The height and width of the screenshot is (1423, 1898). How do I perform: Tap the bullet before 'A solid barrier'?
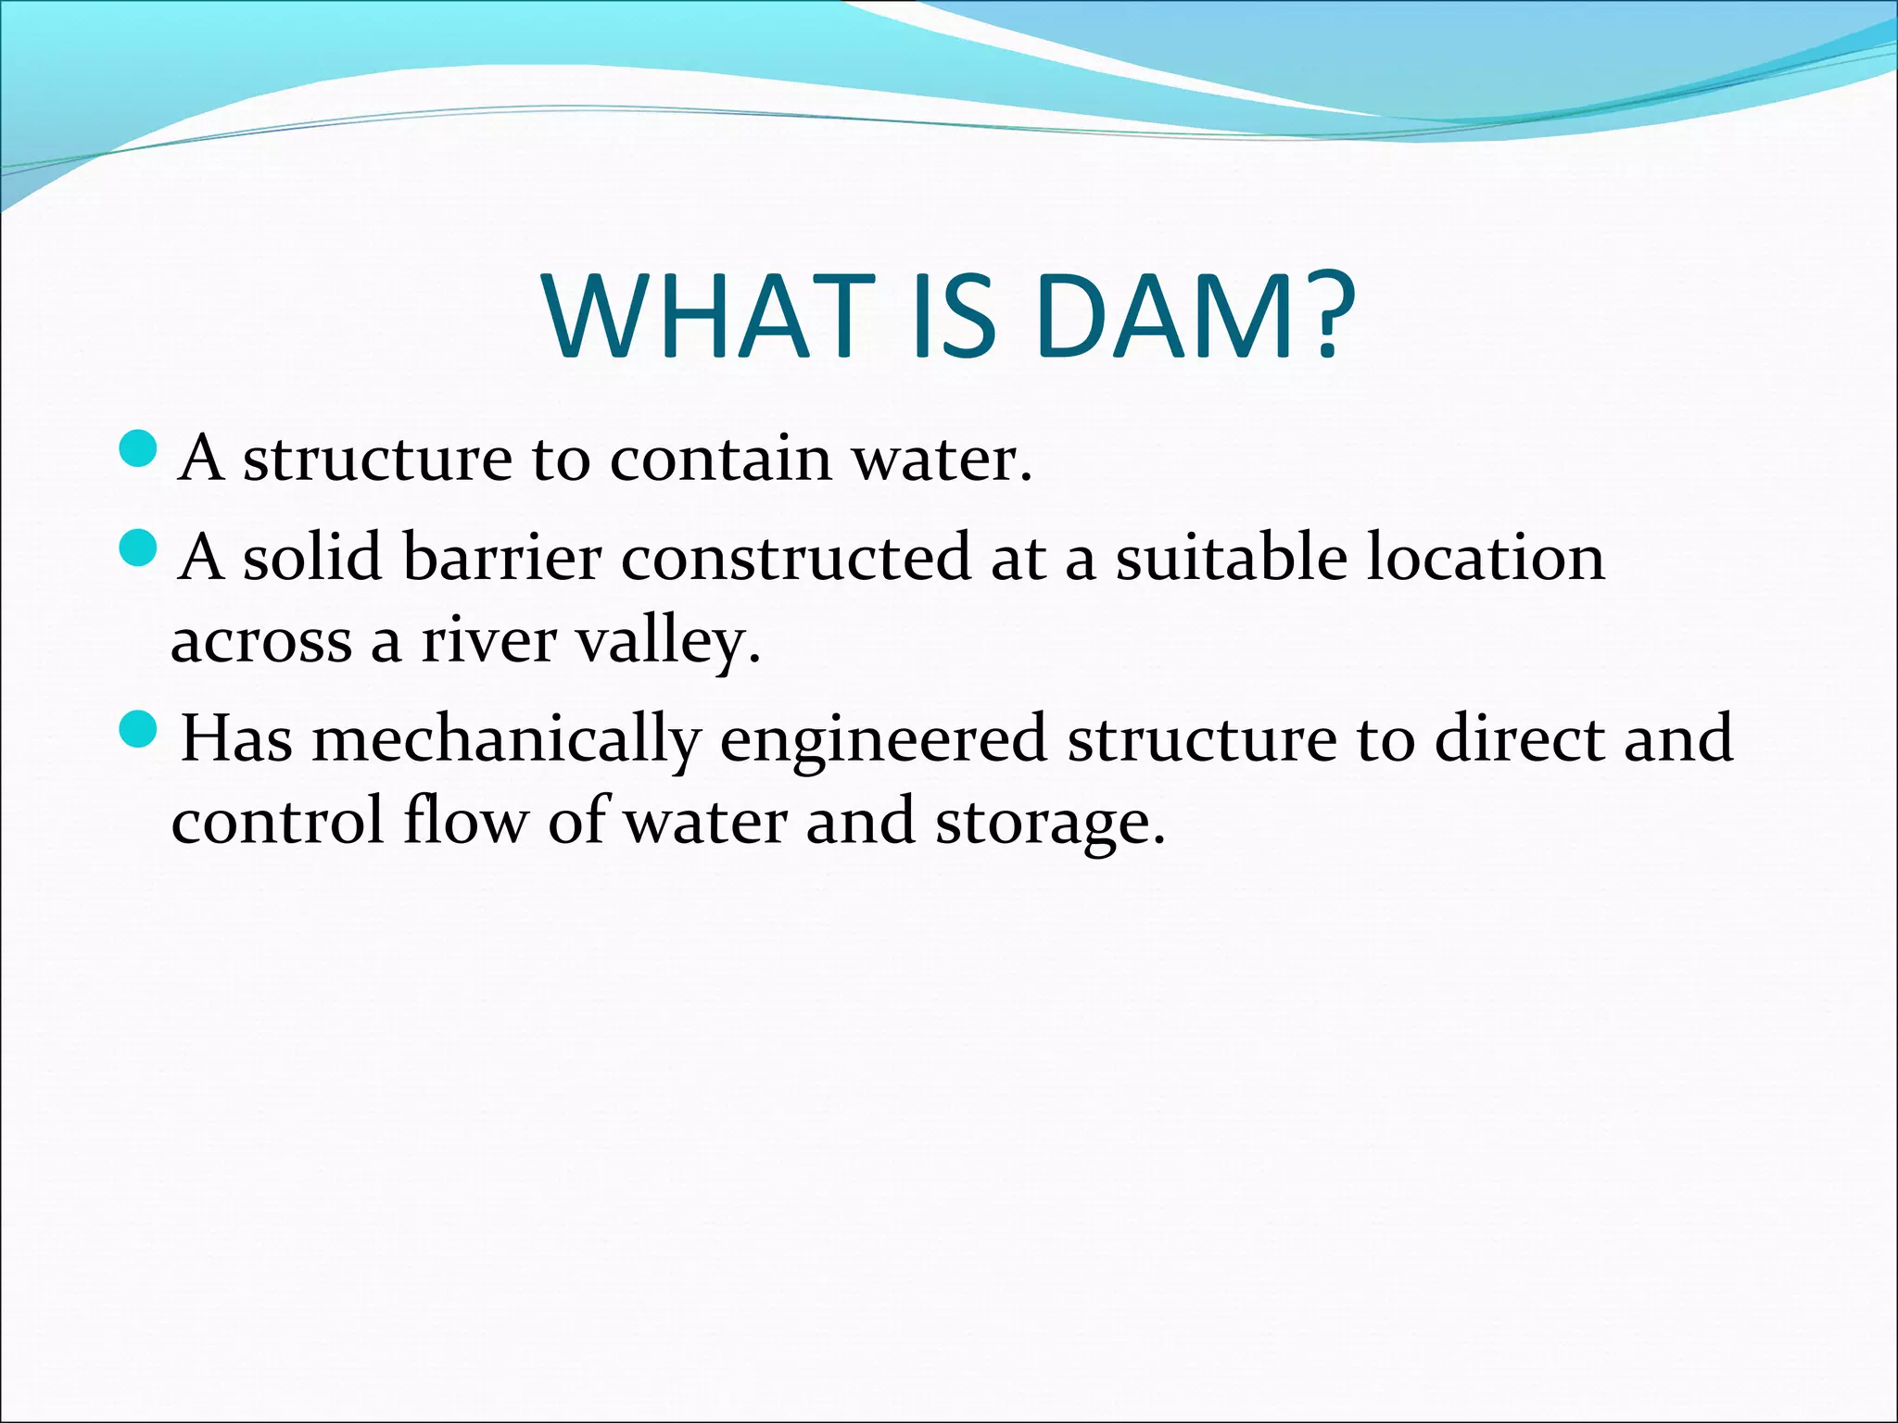tap(140, 548)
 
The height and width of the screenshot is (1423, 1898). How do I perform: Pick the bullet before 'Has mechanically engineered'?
tap(140, 730)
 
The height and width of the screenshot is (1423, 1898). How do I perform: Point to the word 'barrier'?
tap(501, 558)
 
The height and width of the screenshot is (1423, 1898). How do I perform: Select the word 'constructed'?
tap(795, 558)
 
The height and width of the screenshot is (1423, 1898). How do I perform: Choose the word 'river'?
tap(488, 641)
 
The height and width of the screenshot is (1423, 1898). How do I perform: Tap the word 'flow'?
tap(464, 821)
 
